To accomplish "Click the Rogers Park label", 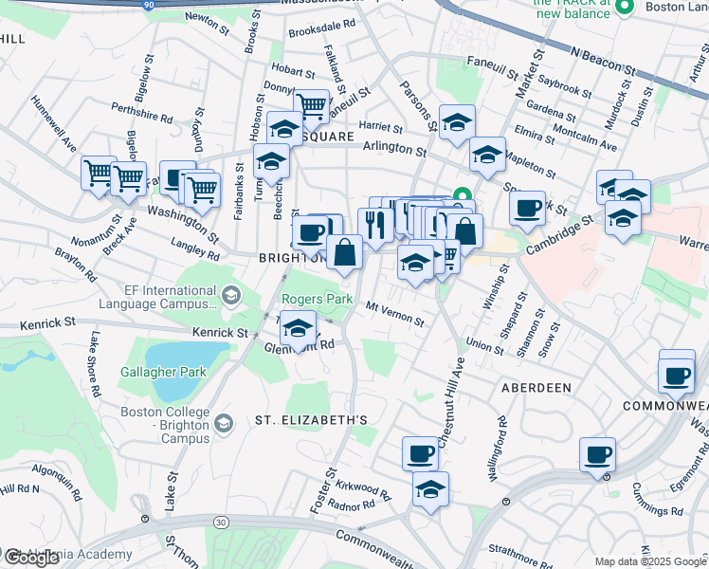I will pyautogui.click(x=317, y=300).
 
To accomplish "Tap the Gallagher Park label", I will pyautogui.click(x=163, y=372).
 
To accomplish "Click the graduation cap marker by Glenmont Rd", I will pyautogui.click(x=299, y=328).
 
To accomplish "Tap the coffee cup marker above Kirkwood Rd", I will pyautogui.click(x=420, y=452).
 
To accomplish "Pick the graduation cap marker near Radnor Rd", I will pyautogui.click(x=430, y=489).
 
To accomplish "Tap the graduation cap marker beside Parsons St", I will pyautogui.click(x=457, y=121).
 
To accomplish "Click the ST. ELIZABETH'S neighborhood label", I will pyautogui.click(x=310, y=419).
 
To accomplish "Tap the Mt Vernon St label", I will pyautogui.click(x=394, y=314).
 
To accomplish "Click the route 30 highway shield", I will pyautogui.click(x=221, y=522).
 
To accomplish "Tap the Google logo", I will pyautogui.click(x=32, y=557).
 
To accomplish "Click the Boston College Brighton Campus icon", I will pyautogui.click(x=223, y=422).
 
